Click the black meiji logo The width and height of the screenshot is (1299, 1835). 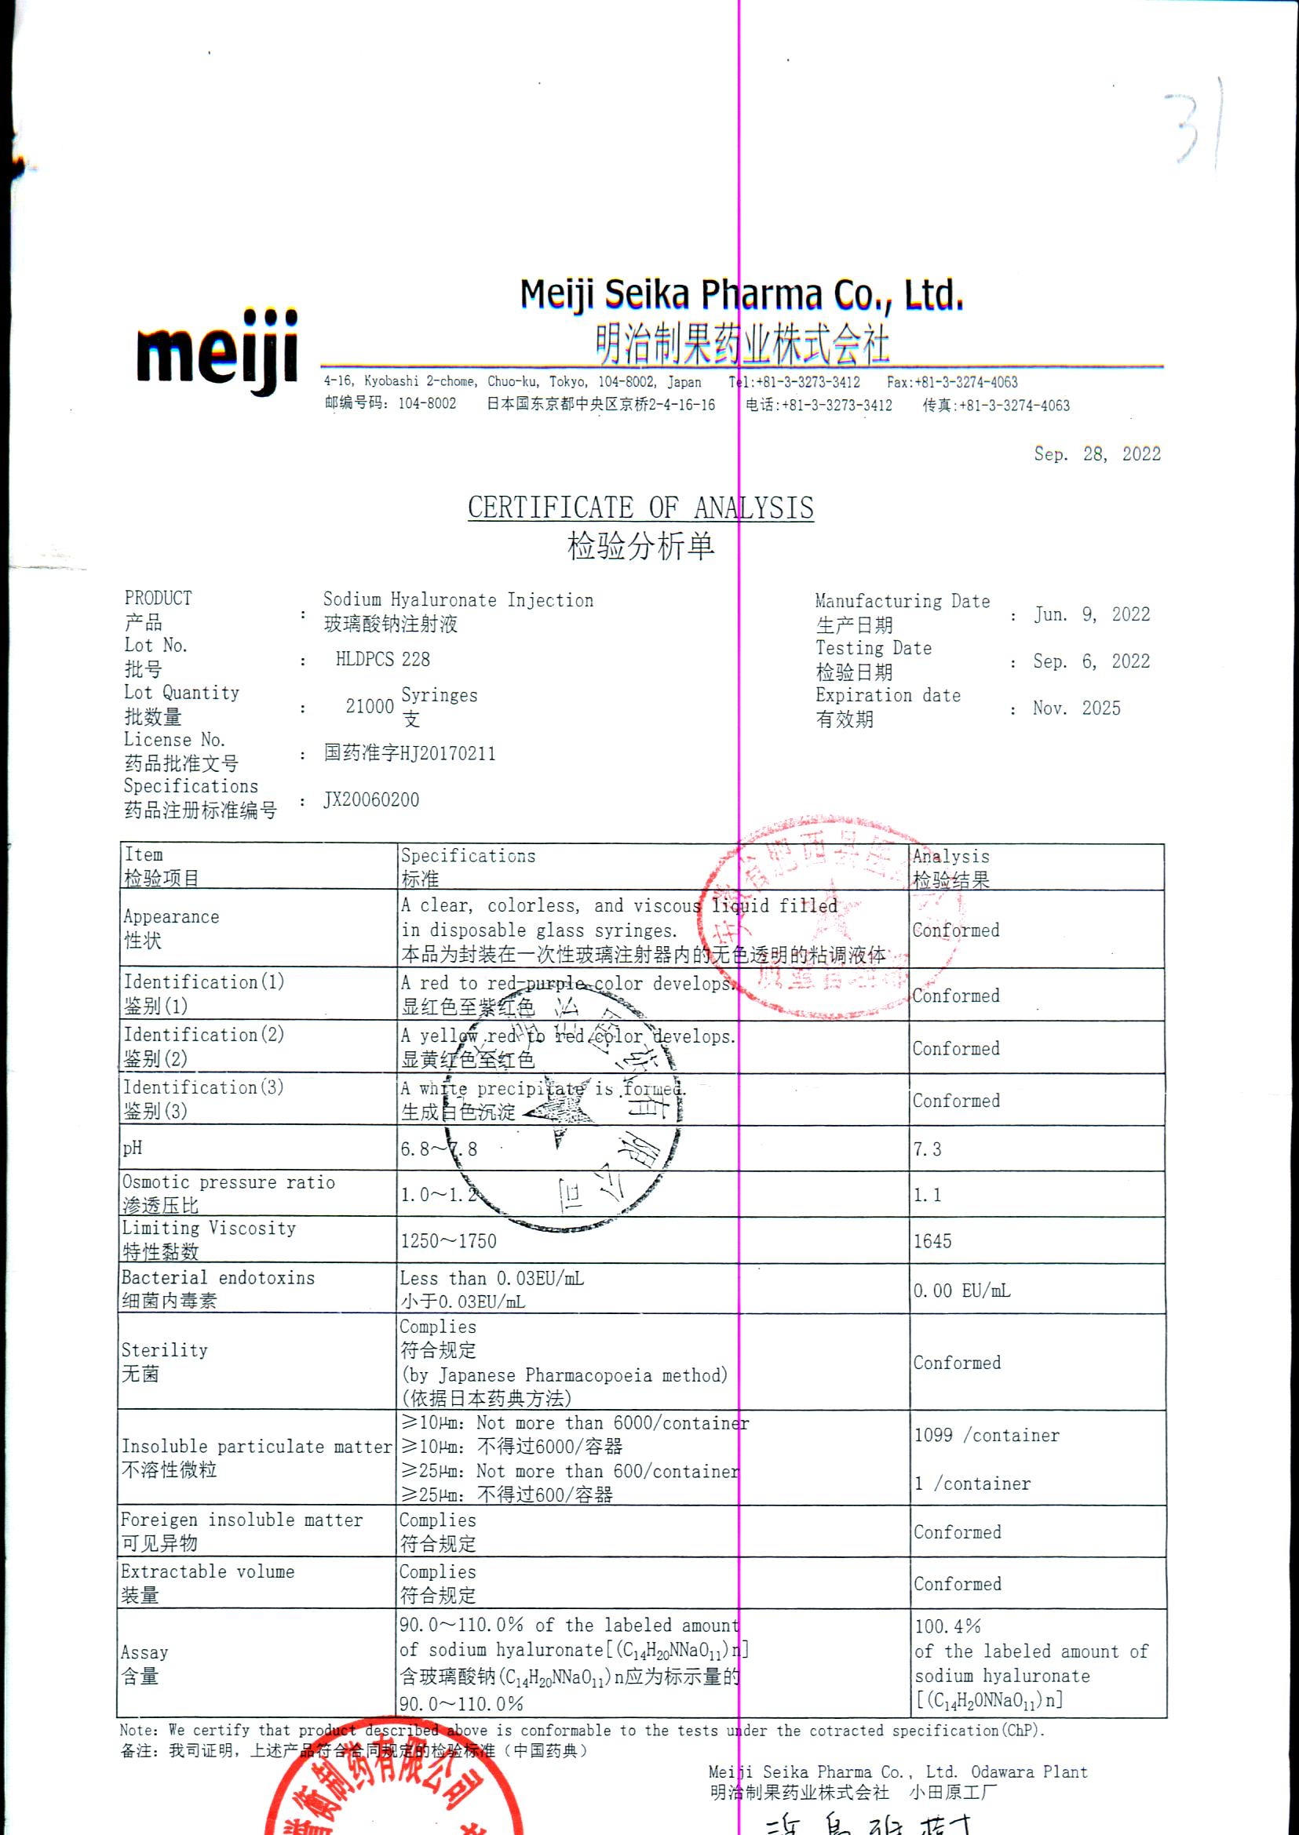coord(217,352)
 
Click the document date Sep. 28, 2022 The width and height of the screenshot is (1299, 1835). coord(1096,454)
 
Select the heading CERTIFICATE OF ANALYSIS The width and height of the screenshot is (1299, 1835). coord(640,508)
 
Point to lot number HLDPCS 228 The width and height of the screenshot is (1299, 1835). coord(382,660)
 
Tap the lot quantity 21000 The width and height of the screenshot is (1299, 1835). coord(370,706)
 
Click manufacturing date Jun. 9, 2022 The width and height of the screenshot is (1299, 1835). coord(1092,614)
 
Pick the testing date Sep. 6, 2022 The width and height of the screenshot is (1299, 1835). coord(1091,661)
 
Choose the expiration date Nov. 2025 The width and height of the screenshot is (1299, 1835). coord(1077,708)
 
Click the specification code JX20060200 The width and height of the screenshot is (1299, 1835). coord(371,800)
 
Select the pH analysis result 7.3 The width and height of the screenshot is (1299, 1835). coord(927,1150)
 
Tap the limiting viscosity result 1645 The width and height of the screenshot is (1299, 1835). coord(932,1242)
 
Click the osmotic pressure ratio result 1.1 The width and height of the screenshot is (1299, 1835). coord(927,1196)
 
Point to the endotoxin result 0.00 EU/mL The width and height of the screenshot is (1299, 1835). coord(961,1291)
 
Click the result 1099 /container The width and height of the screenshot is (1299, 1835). coord(987,1435)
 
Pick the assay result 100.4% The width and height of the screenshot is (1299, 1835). coord(948,1626)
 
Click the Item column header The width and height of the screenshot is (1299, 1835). coord(144,854)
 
